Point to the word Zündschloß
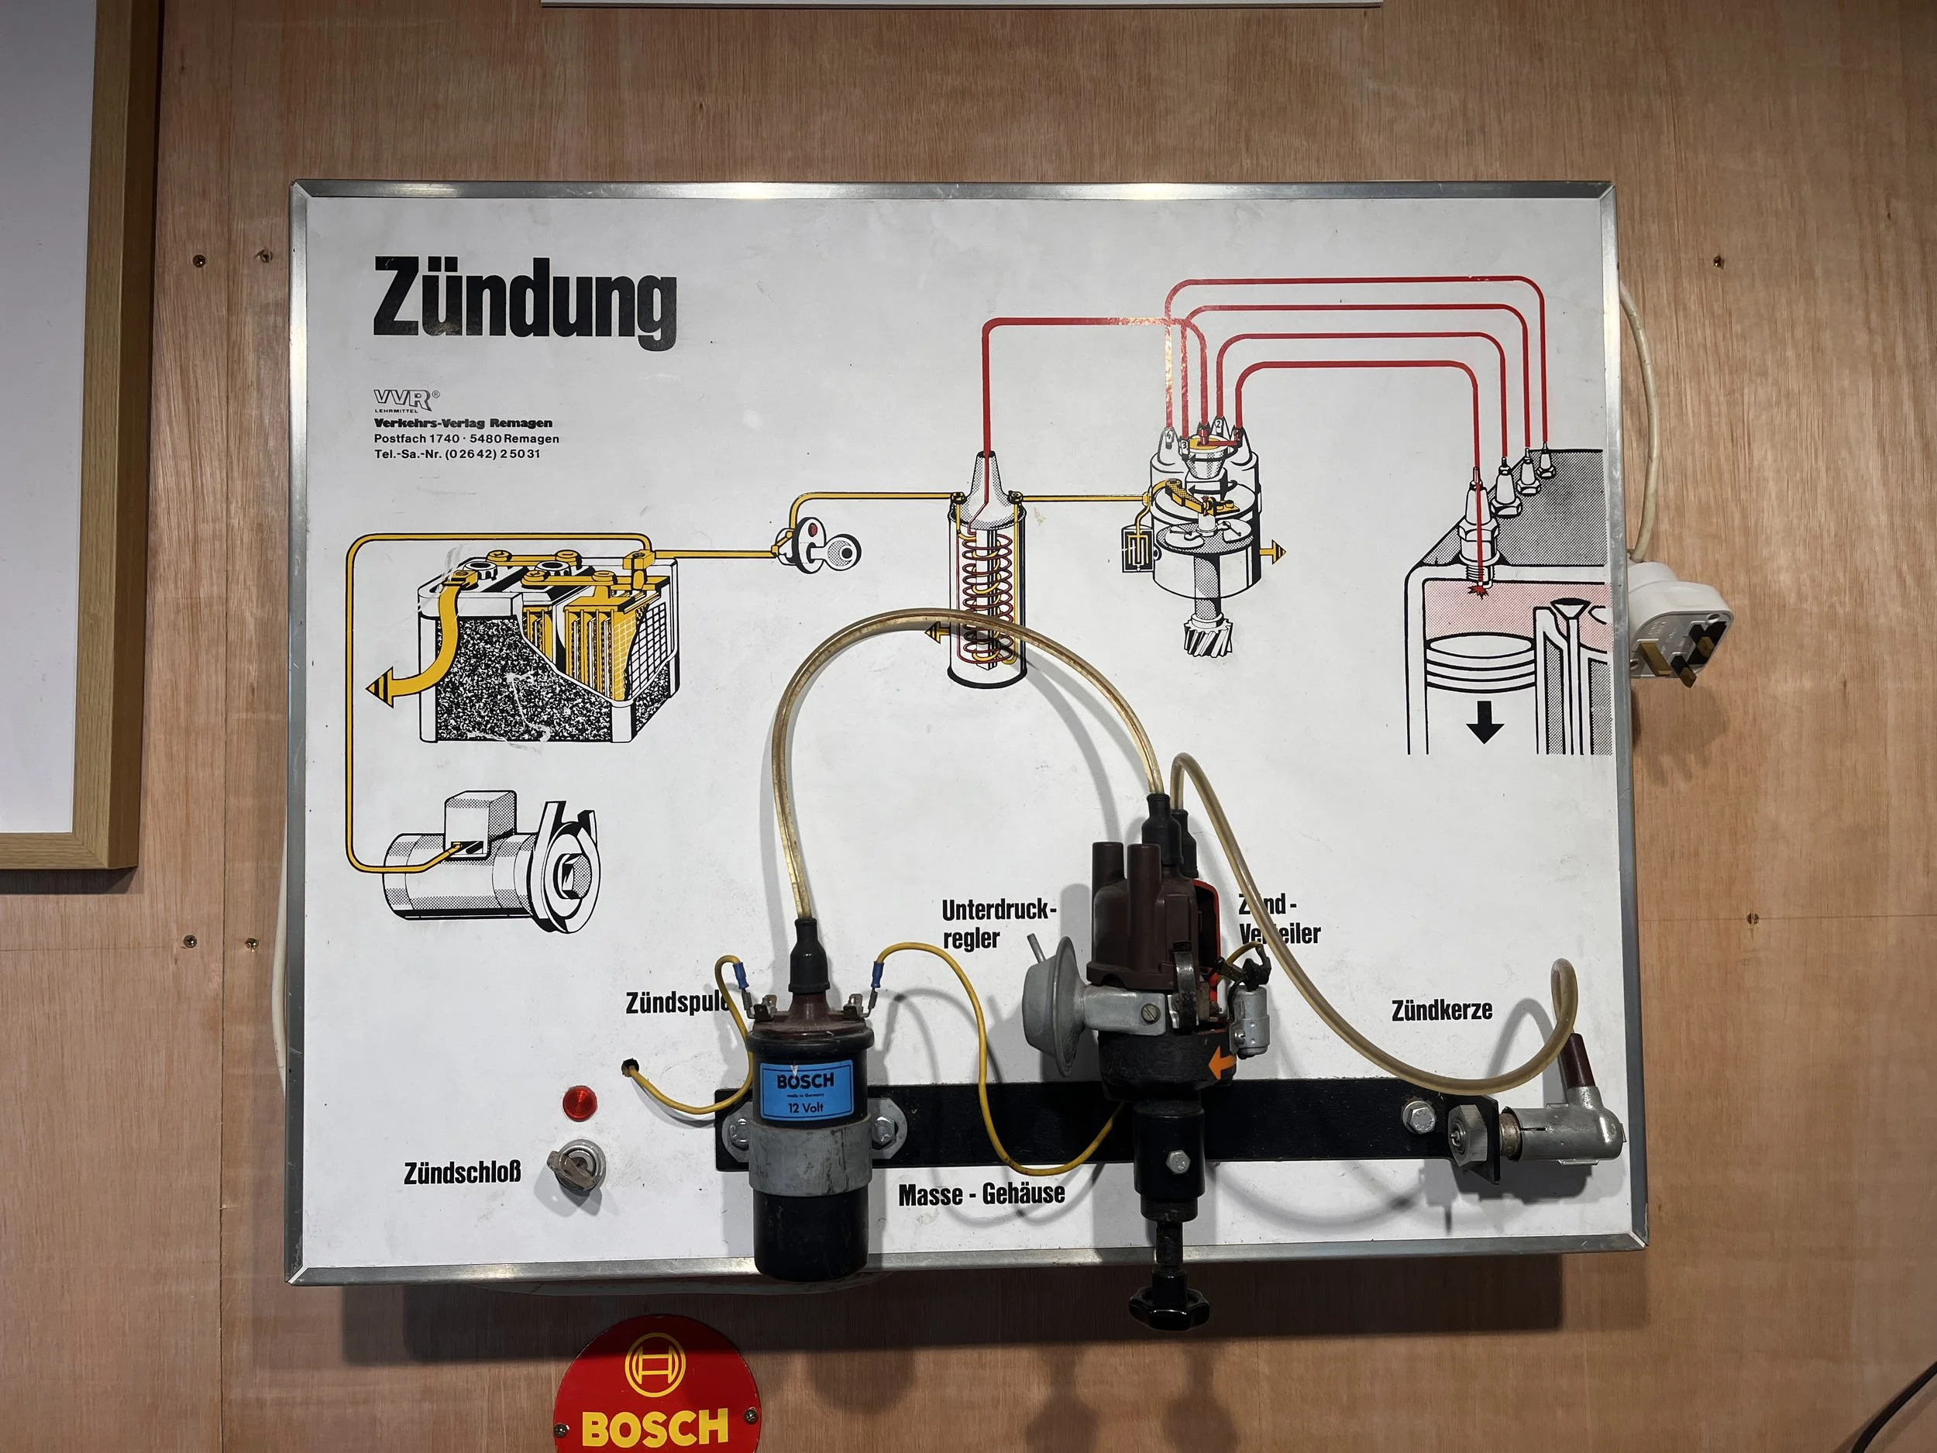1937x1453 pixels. (463, 1172)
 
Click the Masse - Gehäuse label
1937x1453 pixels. (981, 1193)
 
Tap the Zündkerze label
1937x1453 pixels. (1441, 1010)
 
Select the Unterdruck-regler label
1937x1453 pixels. (998, 924)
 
